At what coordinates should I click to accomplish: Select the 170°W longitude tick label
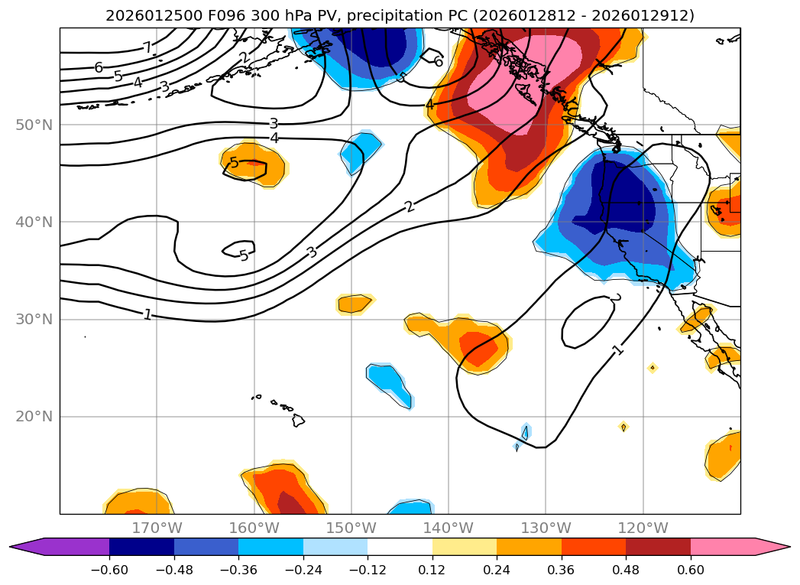tap(157, 528)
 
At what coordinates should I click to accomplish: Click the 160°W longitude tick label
tap(254, 528)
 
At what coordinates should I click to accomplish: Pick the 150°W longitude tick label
tap(351, 528)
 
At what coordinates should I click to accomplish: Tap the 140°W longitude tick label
tap(448, 528)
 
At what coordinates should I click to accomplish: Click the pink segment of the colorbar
tap(722, 546)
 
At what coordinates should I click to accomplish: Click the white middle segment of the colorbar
tap(400, 546)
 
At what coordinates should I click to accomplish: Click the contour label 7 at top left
tap(147, 47)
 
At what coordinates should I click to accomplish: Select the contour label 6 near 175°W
tap(99, 68)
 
